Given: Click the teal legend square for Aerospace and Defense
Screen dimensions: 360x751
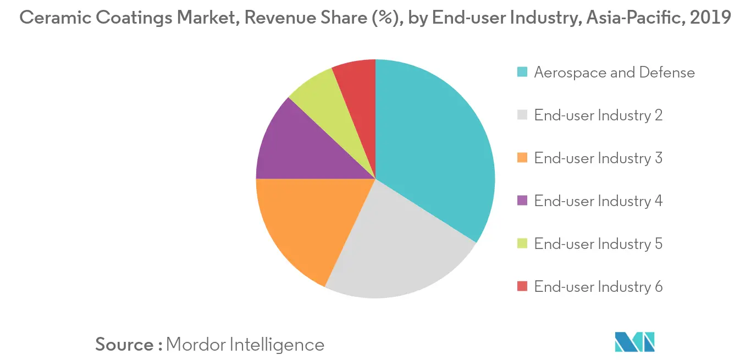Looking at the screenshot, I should (x=522, y=73).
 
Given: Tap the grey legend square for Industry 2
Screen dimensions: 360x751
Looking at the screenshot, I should (x=522, y=115).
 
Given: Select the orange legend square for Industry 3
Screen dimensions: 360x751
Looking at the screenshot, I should (x=522, y=158).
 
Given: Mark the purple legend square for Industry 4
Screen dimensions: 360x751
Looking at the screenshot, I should (x=522, y=201).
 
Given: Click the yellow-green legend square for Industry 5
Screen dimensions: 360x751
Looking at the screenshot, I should (x=522, y=244).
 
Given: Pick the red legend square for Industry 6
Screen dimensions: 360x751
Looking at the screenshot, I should (x=522, y=287).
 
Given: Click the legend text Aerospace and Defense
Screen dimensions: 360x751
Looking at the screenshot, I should (x=614, y=73).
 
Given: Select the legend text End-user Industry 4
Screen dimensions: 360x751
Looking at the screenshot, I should (x=598, y=201).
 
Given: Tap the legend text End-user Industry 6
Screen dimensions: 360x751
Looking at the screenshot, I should (x=598, y=287).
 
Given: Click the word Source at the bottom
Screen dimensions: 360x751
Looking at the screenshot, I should (x=125, y=345).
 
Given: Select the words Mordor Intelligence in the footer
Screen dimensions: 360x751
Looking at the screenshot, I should (x=245, y=345).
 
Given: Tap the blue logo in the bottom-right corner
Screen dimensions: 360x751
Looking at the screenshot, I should (x=635, y=341).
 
